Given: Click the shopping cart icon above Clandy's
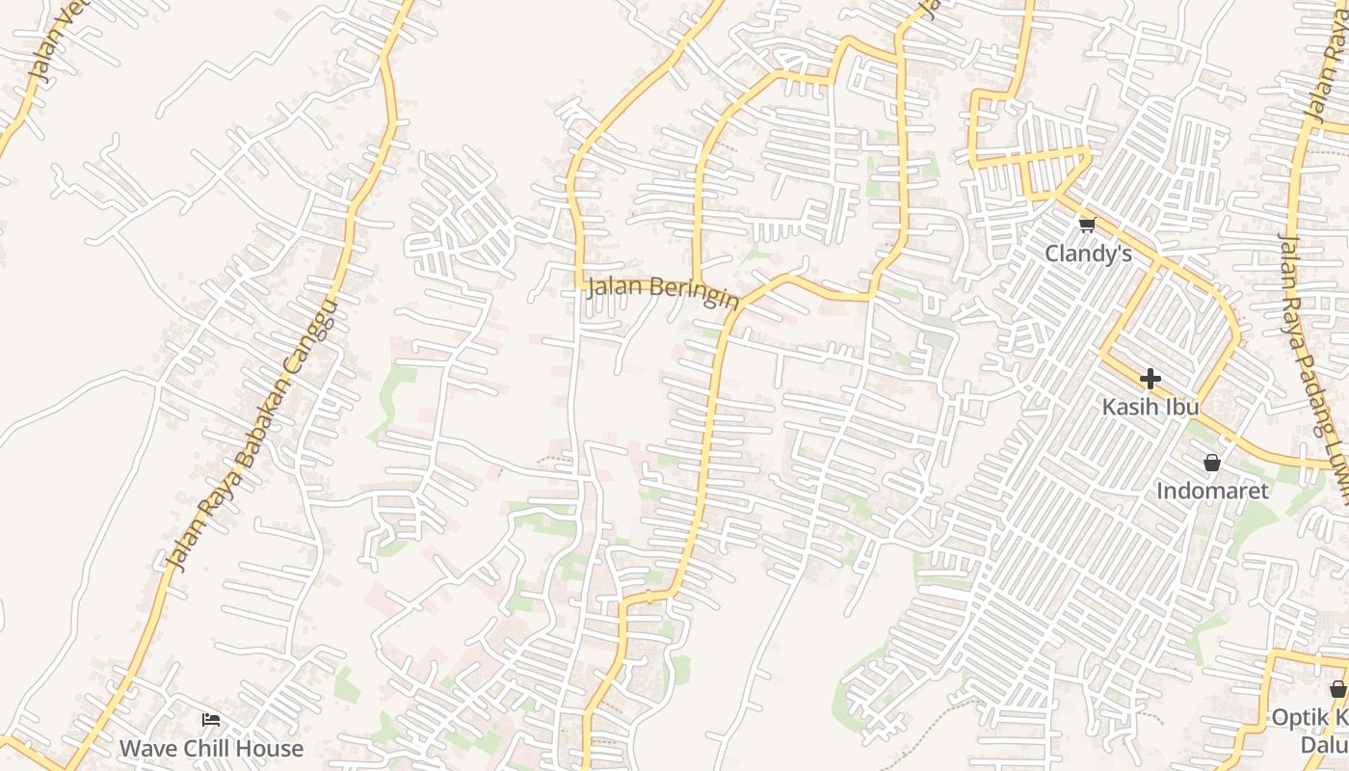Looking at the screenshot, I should click(1088, 226).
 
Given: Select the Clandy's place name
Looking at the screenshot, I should click(1088, 253).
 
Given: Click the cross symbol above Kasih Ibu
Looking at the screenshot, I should click(1150, 379).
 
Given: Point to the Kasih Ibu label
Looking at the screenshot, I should click(1150, 407).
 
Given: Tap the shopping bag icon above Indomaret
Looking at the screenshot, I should click(1212, 463).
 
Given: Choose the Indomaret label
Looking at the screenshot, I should click(1212, 491).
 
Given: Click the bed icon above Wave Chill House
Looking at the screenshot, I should click(211, 720).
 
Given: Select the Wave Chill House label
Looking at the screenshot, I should click(211, 748).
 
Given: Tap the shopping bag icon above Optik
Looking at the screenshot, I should click(1337, 689).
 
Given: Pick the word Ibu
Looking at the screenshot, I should click(1182, 407).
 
